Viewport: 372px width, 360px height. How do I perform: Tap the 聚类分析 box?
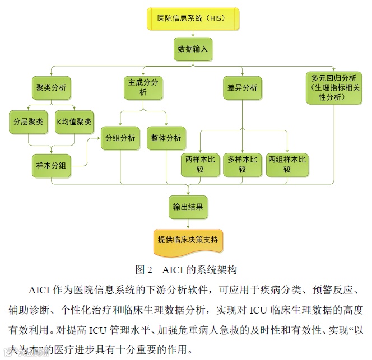pyautogui.click(x=50, y=87)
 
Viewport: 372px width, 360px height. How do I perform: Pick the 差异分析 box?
pyautogui.click(x=243, y=87)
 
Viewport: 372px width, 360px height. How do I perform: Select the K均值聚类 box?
pyautogui.click(x=75, y=122)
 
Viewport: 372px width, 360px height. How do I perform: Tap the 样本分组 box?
pyautogui.click(x=50, y=165)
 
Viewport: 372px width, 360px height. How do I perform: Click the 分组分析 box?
pyautogui.click(x=121, y=138)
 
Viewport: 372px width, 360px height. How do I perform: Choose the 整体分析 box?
pyautogui.click(x=166, y=138)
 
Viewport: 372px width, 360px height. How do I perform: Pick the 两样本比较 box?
pyautogui.click(x=200, y=165)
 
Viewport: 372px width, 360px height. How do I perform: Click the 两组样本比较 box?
pyautogui.click(x=287, y=165)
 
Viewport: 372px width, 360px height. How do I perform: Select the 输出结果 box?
pyautogui.click(x=188, y=207)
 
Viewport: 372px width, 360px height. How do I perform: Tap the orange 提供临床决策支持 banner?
pyautogui.click(x=188, y=240)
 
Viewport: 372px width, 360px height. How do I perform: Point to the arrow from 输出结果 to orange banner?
pyautogui.click(x=188, y=223)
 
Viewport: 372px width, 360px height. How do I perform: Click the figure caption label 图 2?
pyautogui.click(x=144, y=270)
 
